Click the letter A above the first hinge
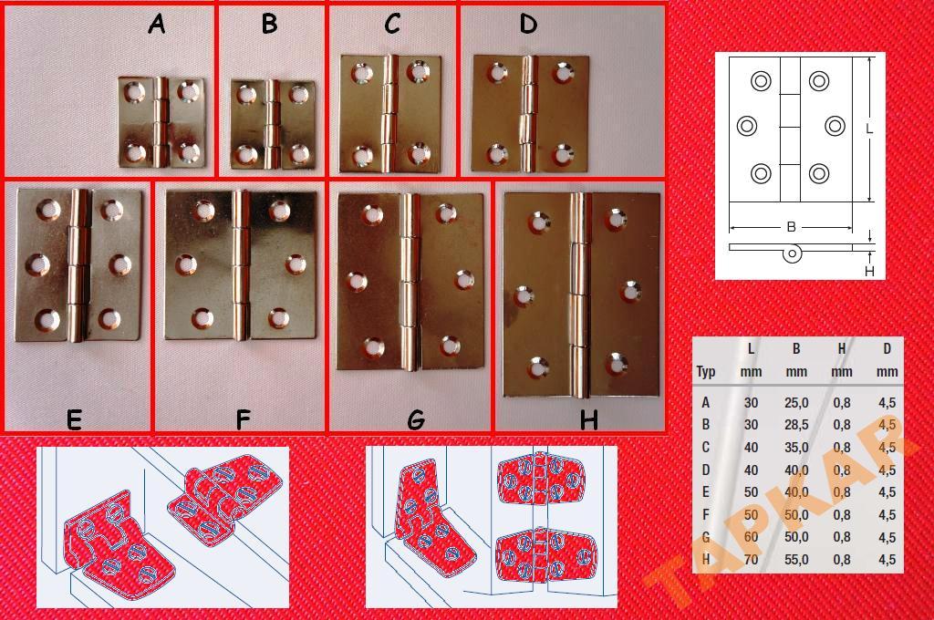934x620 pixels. (x=157, y=24)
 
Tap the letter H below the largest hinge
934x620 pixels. (x=588, y=420)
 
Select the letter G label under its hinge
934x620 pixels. (x=416, y=420)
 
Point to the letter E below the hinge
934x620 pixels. (x=74, y=420)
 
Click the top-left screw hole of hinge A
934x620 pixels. (x=134, y=92)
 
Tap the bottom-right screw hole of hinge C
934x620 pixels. (x=420, y=154)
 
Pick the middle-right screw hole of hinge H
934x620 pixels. (x=631, y=292)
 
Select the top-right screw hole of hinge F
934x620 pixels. (x=279, y=211)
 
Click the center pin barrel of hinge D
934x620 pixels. (x=527, y=113)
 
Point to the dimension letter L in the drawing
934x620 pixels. (x=869, y=129)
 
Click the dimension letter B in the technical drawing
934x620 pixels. (x=791, y=227)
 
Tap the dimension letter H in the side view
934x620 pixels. (x=869, y=271)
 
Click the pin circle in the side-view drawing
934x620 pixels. (x=792, y=253)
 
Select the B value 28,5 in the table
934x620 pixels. (x=796, y=425)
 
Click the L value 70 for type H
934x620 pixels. (x=751, y=560)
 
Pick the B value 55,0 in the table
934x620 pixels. (x=796, y=560)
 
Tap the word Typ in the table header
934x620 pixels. (x=706, y=372)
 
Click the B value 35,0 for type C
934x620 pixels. (x=796, y=448)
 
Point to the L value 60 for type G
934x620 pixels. (x=751, y=537)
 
